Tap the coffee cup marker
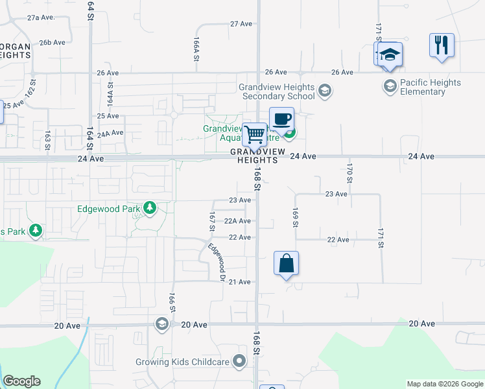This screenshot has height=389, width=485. [x=281, y=119]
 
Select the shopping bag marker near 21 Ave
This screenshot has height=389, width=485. [x=286, y=263]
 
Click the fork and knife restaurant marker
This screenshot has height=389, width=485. [x=442, y=45]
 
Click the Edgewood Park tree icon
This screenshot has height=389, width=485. [x=150, y=208]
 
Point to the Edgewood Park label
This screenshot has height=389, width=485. [x=109, y=209]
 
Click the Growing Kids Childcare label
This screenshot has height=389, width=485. [x=183, y=362]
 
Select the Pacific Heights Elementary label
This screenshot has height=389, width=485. [x=431, y=87]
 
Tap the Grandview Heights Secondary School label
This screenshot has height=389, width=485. [x=277, y=91]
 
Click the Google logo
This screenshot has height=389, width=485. [x=21, y=381]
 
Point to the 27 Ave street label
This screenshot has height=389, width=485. [x=241, y=23]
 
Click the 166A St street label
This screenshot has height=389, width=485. [x=195, y=49]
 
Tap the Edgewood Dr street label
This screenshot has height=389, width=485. [x=216, y=261]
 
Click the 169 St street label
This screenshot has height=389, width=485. [x=295, y=217]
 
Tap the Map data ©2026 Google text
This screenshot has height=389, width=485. [x=445, y=384]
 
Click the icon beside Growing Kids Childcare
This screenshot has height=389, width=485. [x=241, y=360]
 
